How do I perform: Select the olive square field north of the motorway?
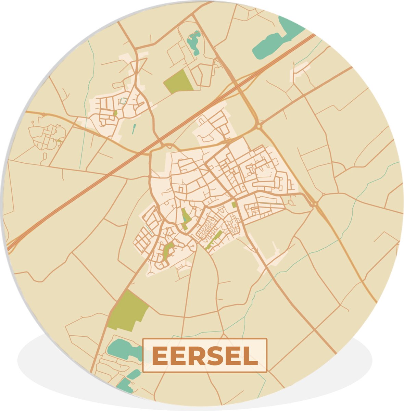click(179, 82)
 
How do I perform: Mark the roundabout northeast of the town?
click(259, 126)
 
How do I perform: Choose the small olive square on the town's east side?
click(234, 204)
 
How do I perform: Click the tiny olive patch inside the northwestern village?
click(115, 113)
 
